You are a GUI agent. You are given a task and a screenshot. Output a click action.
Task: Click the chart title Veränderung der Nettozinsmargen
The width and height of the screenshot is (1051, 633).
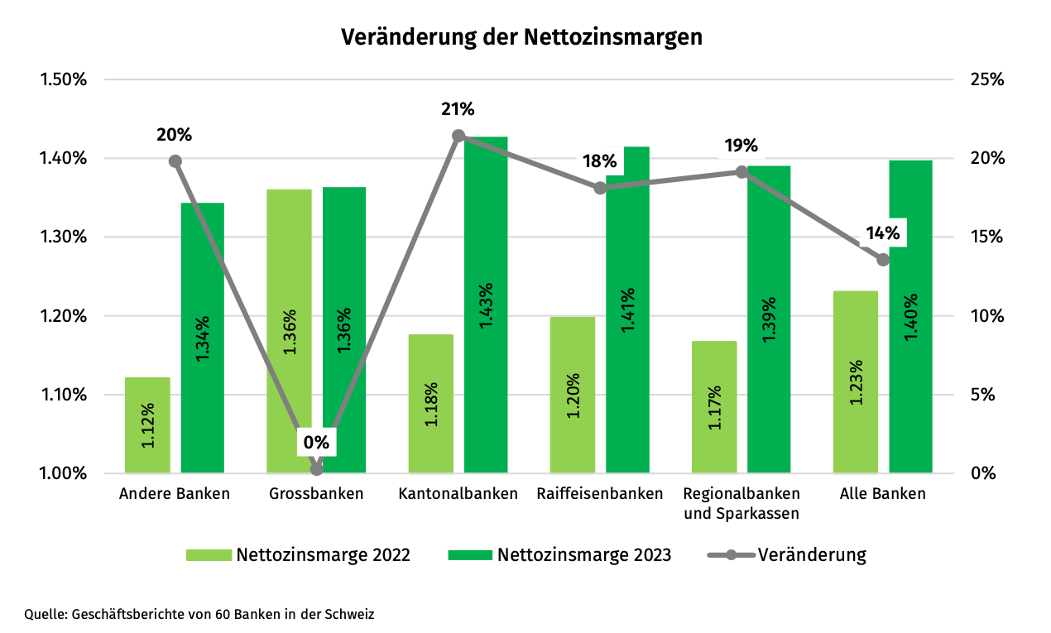click(x=522, y=37)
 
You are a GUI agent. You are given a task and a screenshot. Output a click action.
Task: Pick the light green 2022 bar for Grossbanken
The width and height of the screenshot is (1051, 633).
click(x=289, y=331)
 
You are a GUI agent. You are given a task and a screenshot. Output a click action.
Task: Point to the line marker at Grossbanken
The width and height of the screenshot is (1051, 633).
click(x=316, y=469)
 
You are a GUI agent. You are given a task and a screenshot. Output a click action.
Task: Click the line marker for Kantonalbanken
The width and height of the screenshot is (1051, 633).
click(x=458, y=136)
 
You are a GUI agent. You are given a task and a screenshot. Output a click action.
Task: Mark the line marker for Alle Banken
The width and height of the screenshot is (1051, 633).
click(x=883, y=260)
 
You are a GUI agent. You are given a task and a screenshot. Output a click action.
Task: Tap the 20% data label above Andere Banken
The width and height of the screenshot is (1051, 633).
click(x=175, y=134)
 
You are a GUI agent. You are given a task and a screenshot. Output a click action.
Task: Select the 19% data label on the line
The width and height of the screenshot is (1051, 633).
click(x=741, y=146)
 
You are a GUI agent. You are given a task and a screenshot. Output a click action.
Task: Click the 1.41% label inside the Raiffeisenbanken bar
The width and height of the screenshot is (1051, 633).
click(x=628, y=310)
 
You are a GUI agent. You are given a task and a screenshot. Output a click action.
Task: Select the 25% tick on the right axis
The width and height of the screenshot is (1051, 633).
click(x=986, y=80)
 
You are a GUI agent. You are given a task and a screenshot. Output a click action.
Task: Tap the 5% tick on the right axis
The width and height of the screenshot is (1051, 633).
click(x=982, y=395)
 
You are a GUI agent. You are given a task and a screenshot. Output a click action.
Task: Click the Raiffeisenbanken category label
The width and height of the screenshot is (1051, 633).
click(x=600, y=494)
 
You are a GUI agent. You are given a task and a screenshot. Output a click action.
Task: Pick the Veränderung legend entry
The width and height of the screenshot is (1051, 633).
click(x=811, y=554)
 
